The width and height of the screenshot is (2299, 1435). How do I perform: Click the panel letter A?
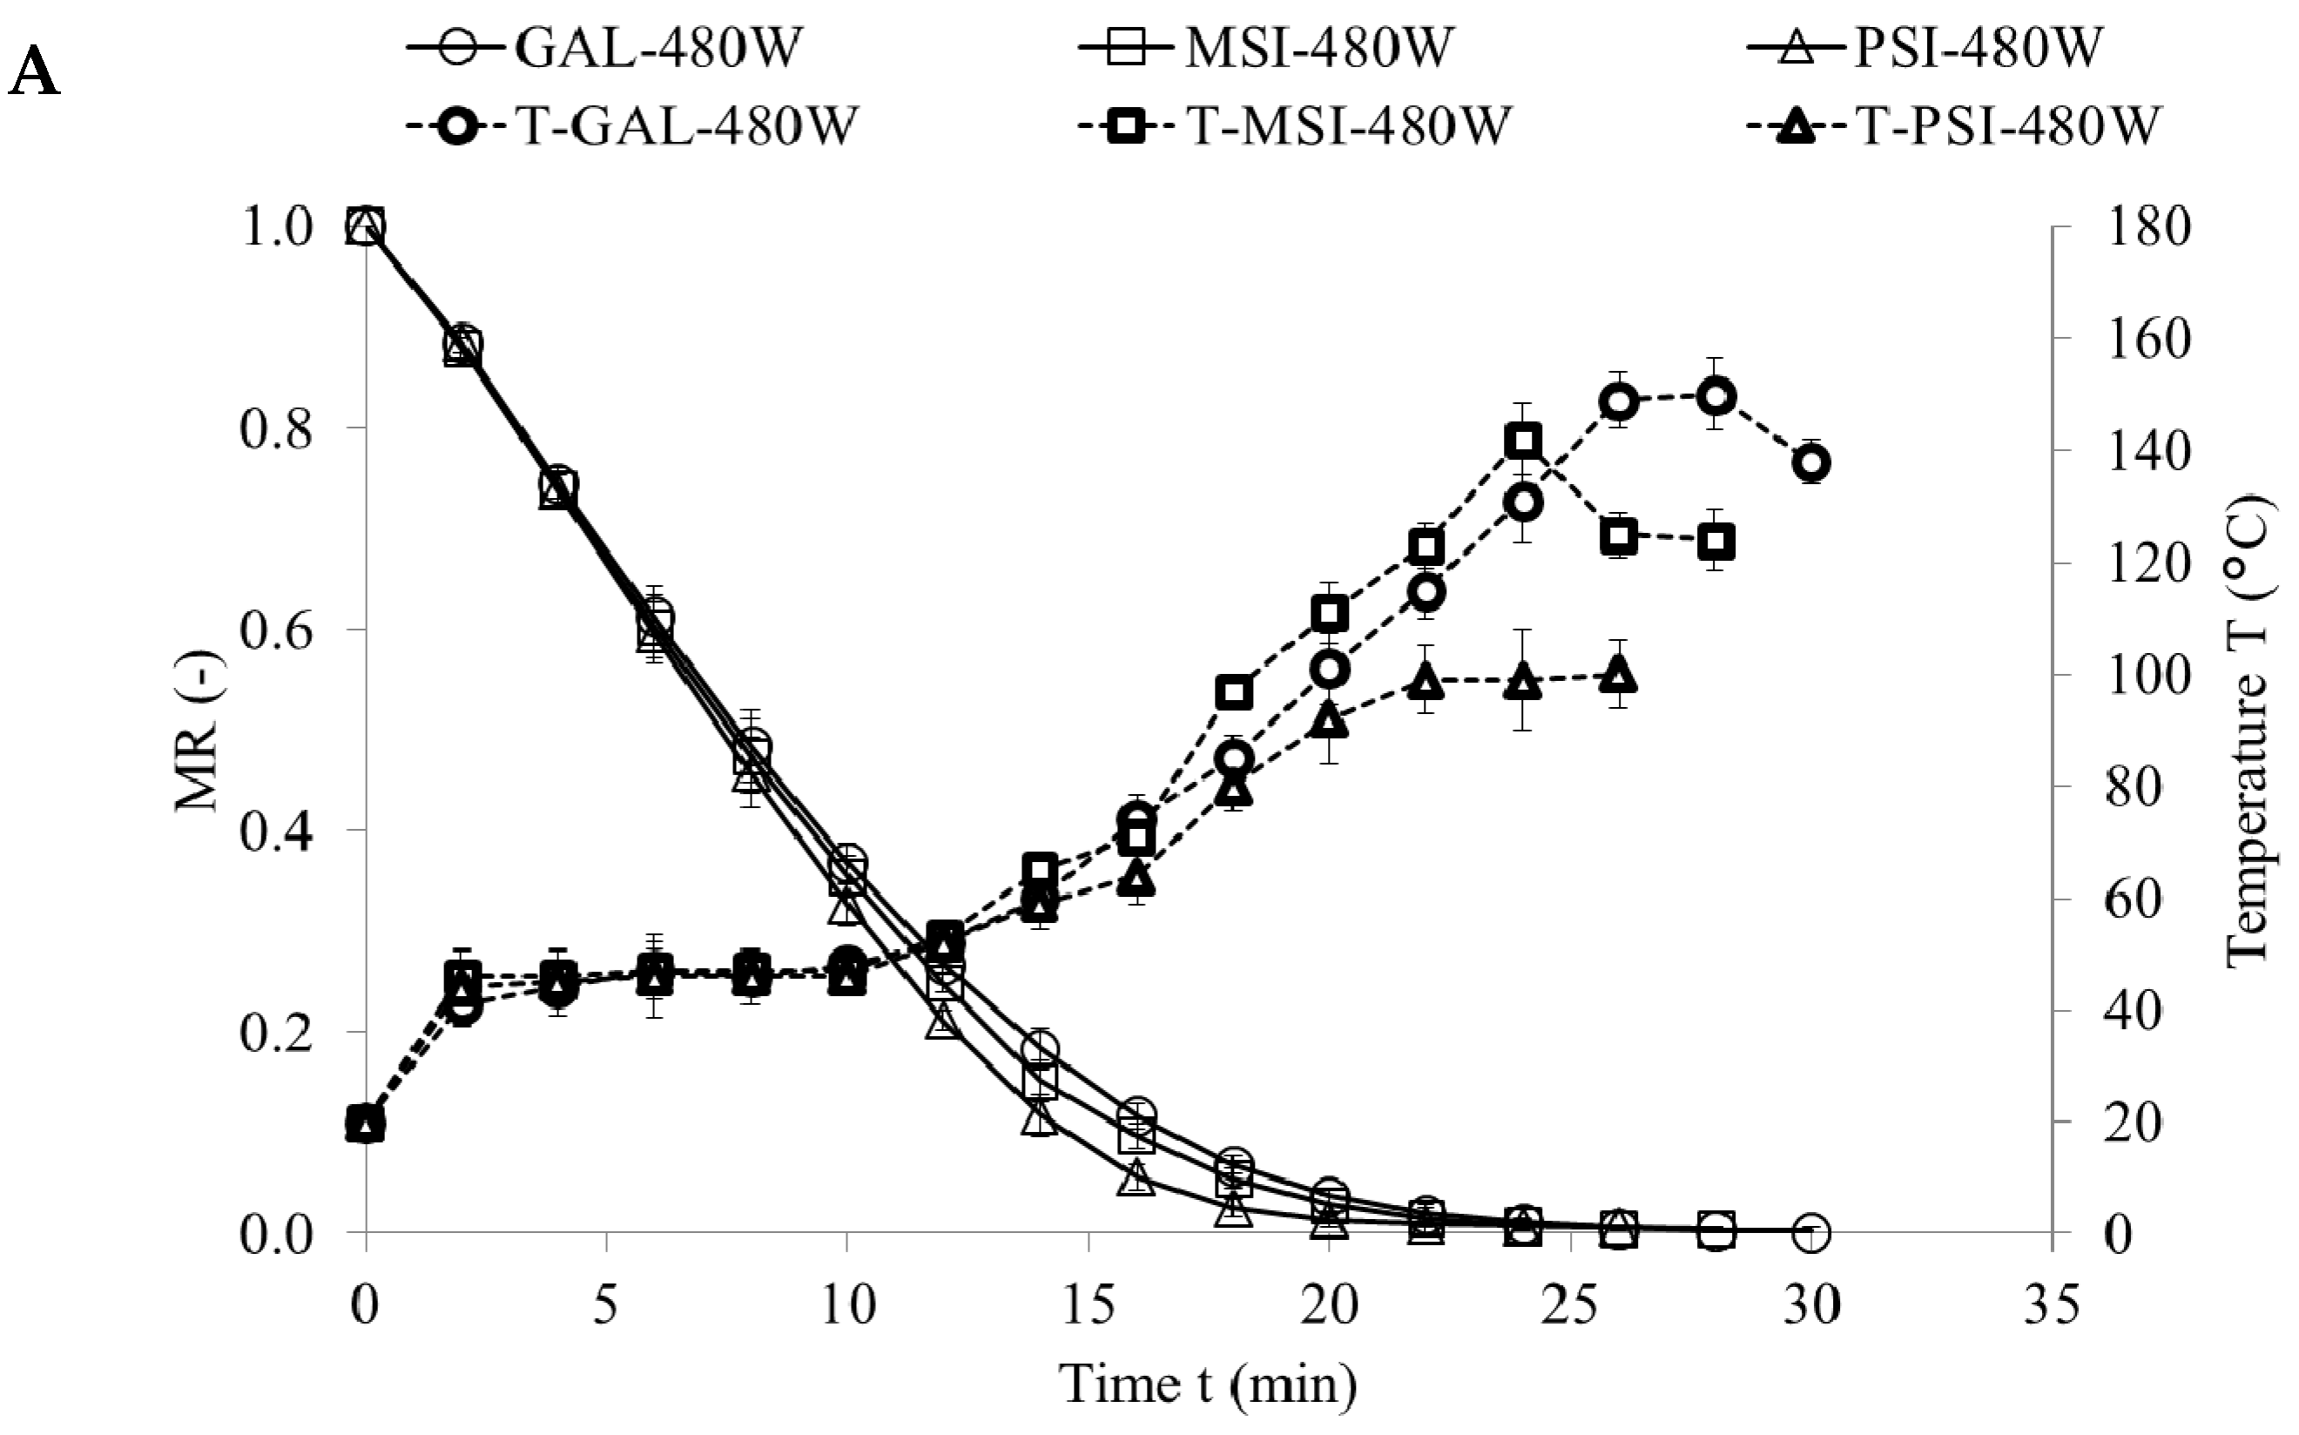point(33,74)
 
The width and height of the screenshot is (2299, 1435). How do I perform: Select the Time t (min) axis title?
point(1207,1384)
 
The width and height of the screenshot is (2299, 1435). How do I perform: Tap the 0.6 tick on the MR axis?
point(275,630)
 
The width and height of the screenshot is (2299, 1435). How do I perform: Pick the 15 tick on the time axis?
point(1088,1306)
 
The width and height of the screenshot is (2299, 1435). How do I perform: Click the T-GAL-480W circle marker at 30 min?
point(1811,463)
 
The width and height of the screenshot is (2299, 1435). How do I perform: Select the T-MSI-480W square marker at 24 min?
point(1522,441)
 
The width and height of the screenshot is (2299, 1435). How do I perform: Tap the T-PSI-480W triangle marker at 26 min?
point(1620,675)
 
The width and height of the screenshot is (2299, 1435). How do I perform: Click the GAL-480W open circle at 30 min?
point(1811,1232)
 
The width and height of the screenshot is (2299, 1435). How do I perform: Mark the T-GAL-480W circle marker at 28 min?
point(1716,397)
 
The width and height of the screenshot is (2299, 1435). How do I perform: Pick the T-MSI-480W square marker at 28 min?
point(1716,542)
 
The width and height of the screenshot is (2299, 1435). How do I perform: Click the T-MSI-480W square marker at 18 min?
point(1233,693)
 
